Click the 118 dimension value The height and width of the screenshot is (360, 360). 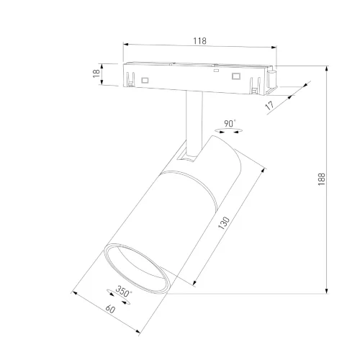[x=199, y=41]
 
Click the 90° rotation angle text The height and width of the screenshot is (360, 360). [x=230, y=124]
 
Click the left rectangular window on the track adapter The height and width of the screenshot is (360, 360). [x=145, y=79]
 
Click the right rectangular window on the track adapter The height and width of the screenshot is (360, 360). [x=234, y=76]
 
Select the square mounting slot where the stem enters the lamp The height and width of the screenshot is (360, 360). [x=189, y=155]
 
